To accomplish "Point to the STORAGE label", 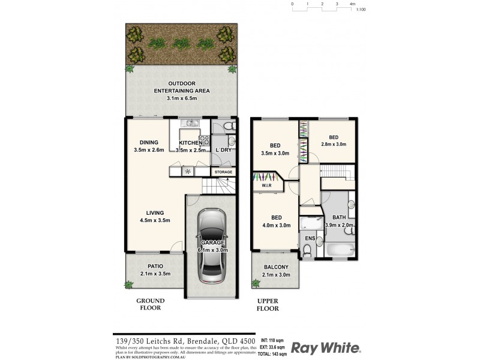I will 223,172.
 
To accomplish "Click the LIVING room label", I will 156,212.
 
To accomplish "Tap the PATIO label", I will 155,266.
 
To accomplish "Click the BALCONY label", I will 276,268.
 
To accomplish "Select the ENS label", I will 310,238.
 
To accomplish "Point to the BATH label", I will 339,217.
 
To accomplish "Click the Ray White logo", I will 325,347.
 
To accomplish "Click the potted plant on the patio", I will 129,284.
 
